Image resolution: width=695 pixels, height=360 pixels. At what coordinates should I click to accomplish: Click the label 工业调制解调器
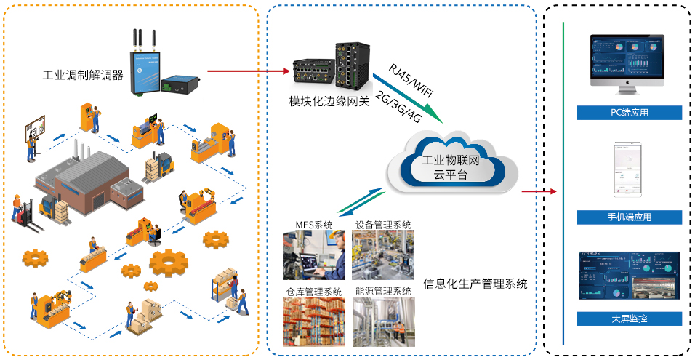pos(83,75)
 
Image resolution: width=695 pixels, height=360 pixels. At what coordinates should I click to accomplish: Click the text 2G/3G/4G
pos(397,108)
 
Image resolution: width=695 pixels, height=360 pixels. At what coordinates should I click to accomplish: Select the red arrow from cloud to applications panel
pos(539,192)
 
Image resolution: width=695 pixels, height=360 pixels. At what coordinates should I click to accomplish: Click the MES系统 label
pos(314,225)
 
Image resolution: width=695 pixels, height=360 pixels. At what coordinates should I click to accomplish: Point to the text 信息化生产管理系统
pos(475,283)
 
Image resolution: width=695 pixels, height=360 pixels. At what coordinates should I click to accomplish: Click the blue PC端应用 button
pos(629,113)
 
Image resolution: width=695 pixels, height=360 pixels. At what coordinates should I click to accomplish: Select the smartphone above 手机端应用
pos(629,169)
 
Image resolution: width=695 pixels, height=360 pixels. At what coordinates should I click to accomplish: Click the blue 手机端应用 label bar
pos(629,217)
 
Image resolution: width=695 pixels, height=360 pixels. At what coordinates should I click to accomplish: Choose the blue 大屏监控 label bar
pos(629,319)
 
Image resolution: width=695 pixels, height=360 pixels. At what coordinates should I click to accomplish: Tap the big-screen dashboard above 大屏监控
pos(629,275)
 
